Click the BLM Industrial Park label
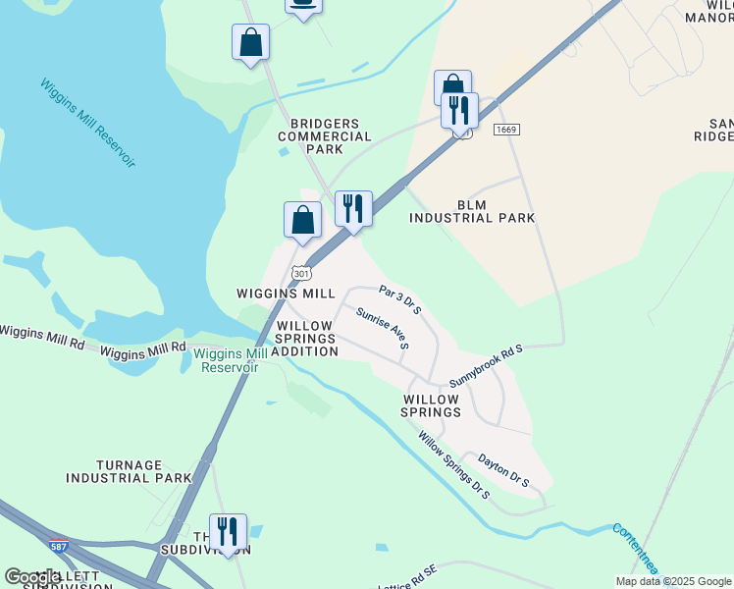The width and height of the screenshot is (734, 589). coord(471,211)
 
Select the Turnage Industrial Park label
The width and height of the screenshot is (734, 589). coord(129,471)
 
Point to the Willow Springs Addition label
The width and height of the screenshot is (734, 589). coord(305,338)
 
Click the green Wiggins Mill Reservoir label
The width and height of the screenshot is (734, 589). coord(230,360)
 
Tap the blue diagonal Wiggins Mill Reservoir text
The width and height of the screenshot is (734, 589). coord(87,124)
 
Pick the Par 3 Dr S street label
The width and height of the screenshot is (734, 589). coord(400,299)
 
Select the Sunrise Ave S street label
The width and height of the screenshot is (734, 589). coord(383,328)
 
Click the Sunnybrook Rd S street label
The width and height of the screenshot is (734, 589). coord(487,365)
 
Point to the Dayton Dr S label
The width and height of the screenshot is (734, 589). coord(503,469)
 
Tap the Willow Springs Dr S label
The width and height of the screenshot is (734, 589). coord(453,465)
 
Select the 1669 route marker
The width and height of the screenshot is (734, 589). coord(506,130)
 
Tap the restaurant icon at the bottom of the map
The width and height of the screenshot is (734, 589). coord(228,532)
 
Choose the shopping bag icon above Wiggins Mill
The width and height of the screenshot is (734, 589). coord(302,220)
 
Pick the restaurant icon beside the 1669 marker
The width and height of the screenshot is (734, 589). coord(459,110)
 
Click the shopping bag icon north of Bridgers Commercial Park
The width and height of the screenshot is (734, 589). coord(251,43)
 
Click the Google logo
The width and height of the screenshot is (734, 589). coord(32,577)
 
